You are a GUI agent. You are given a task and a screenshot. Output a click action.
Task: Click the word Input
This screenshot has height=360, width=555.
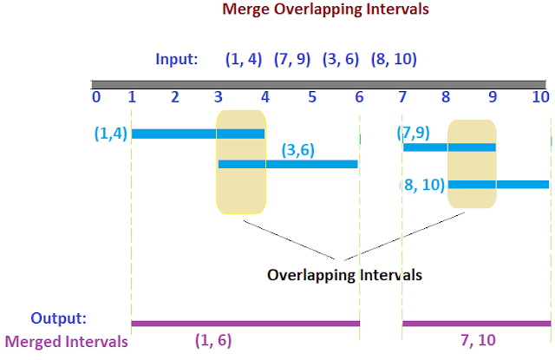click(x=177, y=60)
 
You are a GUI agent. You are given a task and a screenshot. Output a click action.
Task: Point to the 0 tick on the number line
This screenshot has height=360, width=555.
click(x=96, y=97)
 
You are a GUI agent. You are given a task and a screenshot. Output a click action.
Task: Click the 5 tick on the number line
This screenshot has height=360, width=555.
click(x=311, y=97)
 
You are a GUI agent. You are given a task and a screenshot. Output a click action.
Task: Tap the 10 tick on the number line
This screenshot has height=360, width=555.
click(x=540, y=97)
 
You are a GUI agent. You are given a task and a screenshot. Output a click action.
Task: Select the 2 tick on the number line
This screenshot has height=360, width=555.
click(x=175, y=97)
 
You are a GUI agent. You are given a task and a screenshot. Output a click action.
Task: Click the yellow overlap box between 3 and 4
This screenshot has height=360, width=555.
click(x=241, y=161)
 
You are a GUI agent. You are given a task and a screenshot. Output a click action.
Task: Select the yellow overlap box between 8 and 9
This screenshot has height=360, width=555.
click(x=472, y=164)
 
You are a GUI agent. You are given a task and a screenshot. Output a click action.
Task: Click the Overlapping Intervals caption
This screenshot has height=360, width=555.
click(x=344, y=275)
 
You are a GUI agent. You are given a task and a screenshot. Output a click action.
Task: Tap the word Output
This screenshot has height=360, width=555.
click(x=59, y=317)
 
